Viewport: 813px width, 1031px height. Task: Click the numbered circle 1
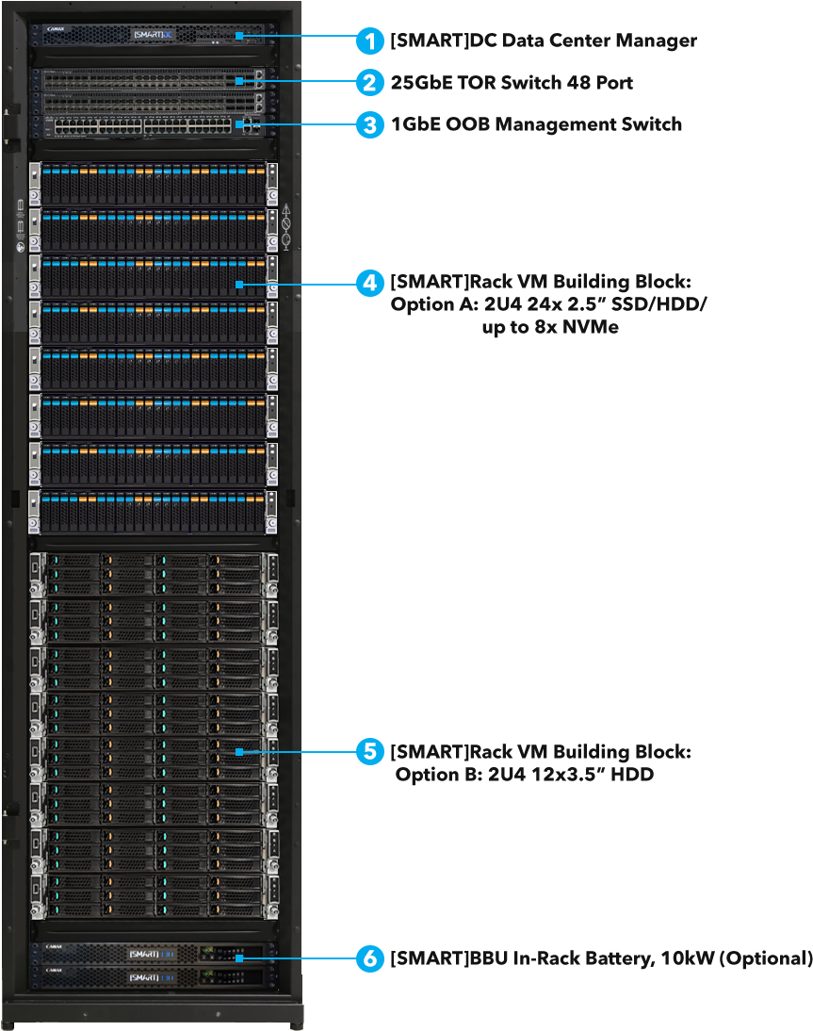369,41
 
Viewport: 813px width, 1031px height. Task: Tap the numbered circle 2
369,83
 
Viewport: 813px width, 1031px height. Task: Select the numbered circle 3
369,124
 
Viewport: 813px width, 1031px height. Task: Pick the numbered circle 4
369,283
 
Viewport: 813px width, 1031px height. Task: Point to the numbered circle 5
369,751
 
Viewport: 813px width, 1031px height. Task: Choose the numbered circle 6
369,958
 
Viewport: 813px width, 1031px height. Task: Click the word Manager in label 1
660,41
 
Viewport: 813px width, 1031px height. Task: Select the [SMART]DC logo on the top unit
154,35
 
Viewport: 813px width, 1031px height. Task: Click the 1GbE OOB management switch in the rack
151,125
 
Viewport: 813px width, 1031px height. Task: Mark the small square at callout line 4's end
241,283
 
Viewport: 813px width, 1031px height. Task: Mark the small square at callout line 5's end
241,751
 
